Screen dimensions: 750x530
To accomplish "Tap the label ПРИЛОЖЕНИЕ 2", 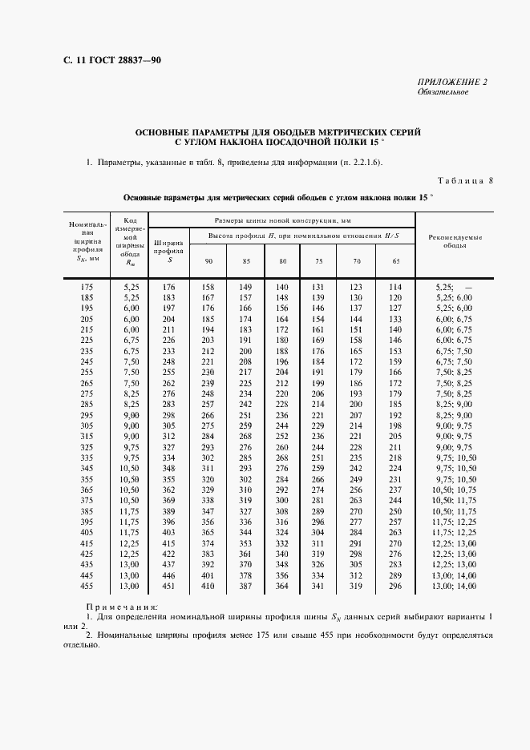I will coord(452,83).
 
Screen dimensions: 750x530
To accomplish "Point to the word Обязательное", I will coord(443,92).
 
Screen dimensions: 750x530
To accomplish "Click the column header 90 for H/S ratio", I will coord(208,261).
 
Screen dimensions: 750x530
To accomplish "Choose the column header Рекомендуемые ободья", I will coord(455,241).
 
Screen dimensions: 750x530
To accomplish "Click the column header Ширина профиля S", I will coord(168,249).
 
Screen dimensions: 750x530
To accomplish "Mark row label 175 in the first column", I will coord(88,287).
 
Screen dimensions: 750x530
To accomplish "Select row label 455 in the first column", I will coord(88,586).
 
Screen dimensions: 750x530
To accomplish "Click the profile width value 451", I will coord(168,586).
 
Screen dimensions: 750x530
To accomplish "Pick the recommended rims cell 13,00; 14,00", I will coord(455,586).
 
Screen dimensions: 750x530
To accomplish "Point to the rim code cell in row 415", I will coord(131,543).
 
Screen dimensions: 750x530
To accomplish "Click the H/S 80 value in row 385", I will coord(281,511).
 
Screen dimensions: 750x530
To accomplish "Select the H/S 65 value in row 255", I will coord(394,373).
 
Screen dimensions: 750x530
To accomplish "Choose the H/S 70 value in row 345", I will coord(356,469).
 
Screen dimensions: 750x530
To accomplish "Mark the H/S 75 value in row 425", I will coord(318,554).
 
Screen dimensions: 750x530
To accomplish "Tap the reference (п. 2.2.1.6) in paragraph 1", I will coord(356,163).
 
